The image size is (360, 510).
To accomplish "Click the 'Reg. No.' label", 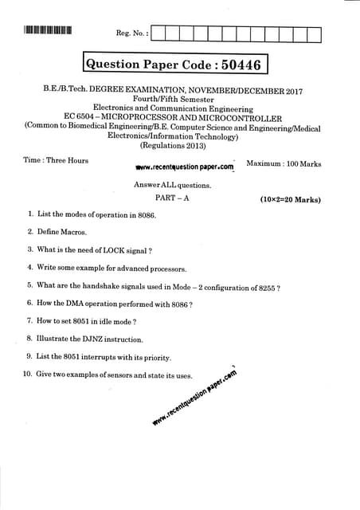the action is [131, 33].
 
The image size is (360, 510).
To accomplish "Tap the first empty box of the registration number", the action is [159, 33].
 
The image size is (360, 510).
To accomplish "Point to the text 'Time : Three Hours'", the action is [56, 160].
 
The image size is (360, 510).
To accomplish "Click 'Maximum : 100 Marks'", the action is [284, 163].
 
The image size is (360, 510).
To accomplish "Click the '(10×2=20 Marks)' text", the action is [291, 198].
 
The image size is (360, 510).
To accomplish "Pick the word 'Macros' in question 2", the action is [72, 232].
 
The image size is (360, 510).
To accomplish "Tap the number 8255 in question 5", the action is [265, 286].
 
